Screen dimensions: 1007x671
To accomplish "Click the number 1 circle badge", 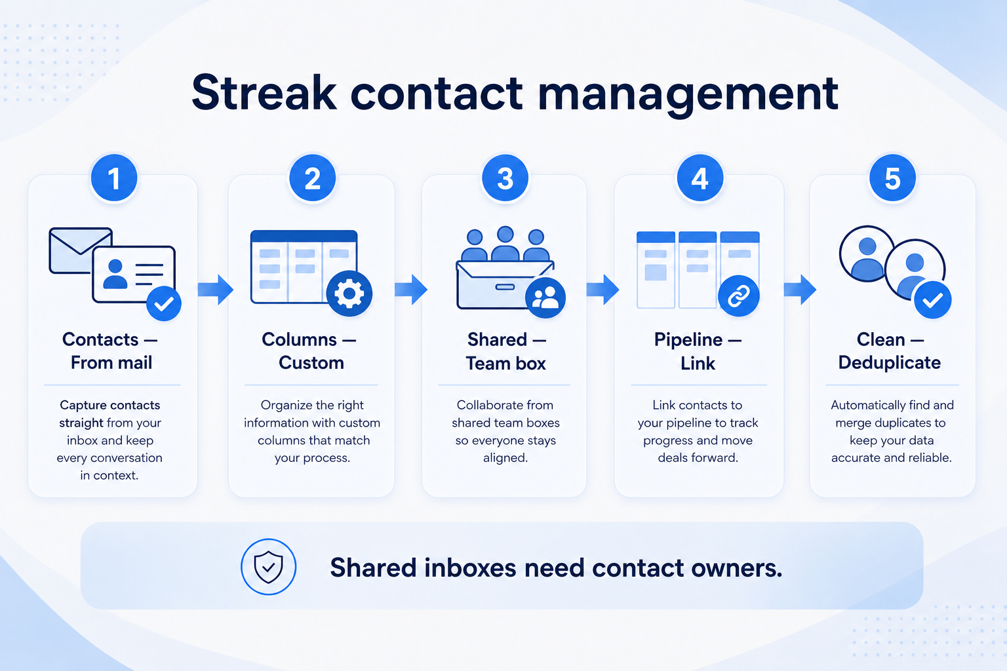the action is pyautogui.click(x=113, y=178).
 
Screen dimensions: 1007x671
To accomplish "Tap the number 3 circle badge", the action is pyautogui.click(x=505, y=178).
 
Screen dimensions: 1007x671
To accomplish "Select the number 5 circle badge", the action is pyautogui.click(x=892, y=178).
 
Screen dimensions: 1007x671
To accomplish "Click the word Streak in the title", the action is pyautogui.click(x=264, y=93).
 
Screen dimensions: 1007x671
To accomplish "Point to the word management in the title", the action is pyautogui.click(x=688, y=95).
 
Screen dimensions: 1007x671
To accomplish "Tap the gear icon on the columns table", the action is pyautogui.click(x=349, y=294).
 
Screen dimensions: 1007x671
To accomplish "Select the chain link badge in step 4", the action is pyautogui.click(x=739, y=296).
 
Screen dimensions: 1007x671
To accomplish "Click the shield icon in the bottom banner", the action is pyautogui.click(x=268, y=567).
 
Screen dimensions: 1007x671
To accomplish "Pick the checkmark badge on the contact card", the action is pyautogui.click(x=164, y=303).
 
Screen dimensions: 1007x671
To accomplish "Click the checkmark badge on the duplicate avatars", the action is pyautogui.click(x=933, y=299).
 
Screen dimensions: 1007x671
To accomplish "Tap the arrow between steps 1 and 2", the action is pyautogui.click(x=215, y=290).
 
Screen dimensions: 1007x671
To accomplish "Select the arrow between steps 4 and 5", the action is pyautogui.click(x=800, y=290).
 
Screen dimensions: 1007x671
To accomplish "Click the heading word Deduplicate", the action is pyautogui.click(x=889, y=362).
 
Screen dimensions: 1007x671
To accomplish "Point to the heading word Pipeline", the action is pyautogui.click(x=688, y=340).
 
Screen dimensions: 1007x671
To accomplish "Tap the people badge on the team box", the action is pyautogui.click(x=545, y=298).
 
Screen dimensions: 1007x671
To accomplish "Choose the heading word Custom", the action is pyautogui.click(x=311, y=362).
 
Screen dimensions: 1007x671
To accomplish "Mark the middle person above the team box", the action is pyautogui.click(x=505, y=243).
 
